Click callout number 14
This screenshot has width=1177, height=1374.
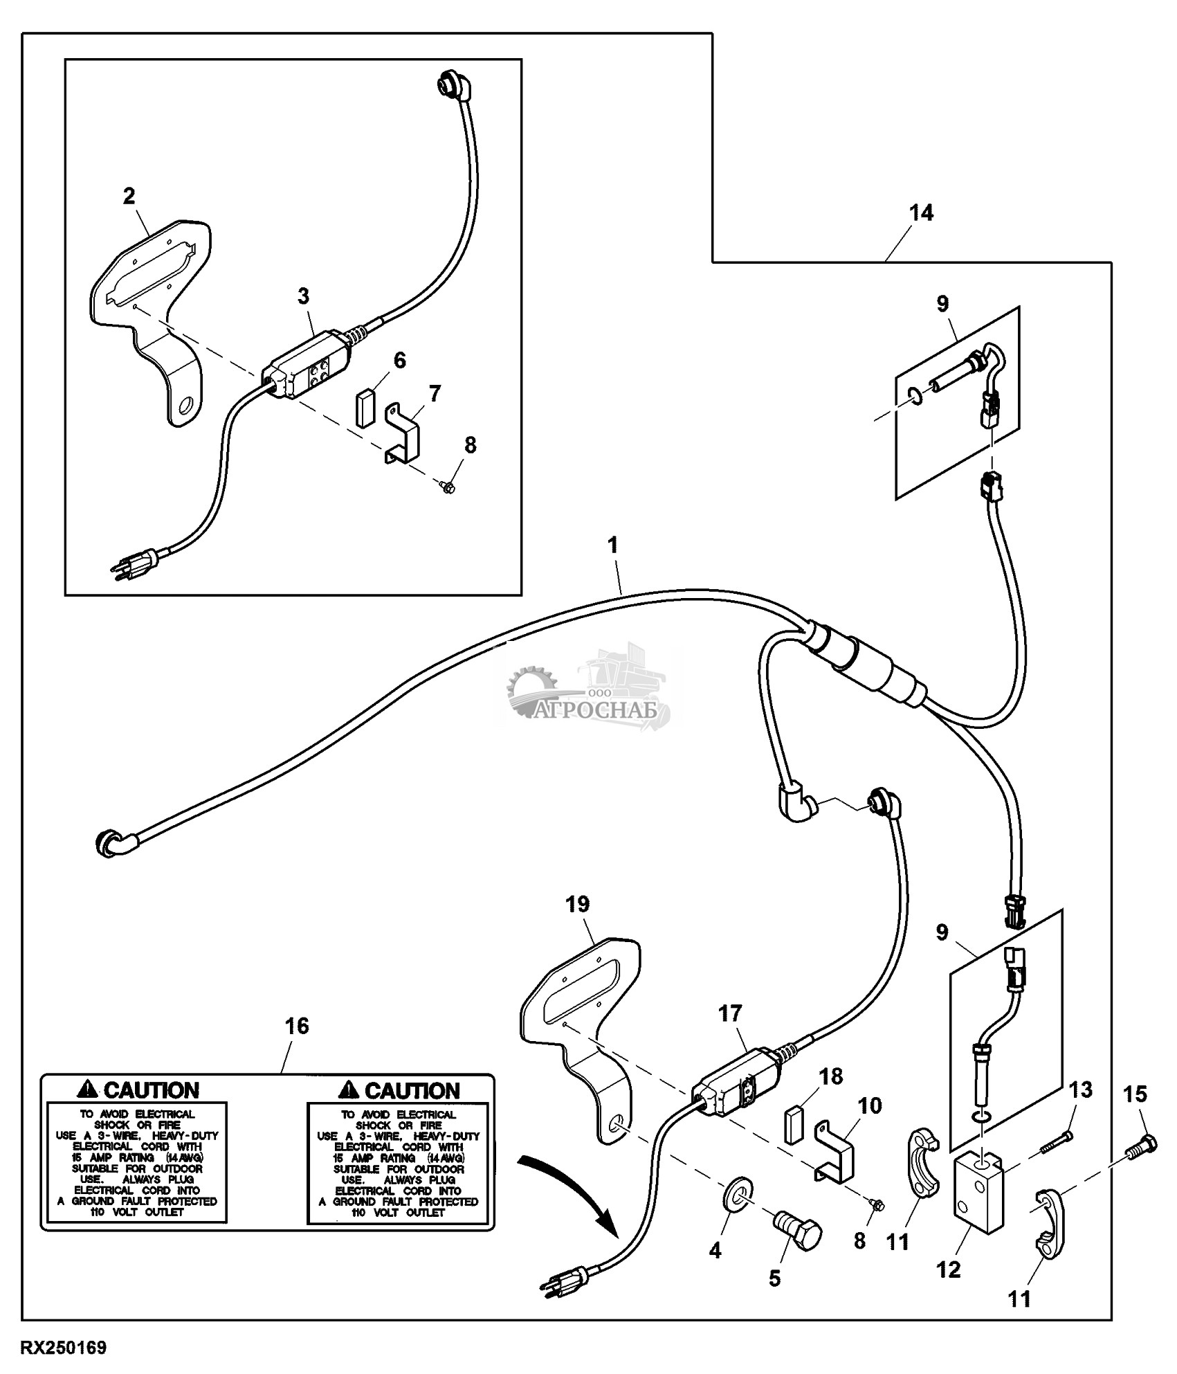click(x=922, y=213)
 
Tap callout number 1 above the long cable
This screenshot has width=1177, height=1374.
click(x=612, y=544)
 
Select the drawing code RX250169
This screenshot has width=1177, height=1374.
click(x=64, y=1348)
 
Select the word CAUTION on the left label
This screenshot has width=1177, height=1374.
click(x=152, y=1090)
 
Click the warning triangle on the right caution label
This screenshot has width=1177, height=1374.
click(x=350, y=1090)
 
